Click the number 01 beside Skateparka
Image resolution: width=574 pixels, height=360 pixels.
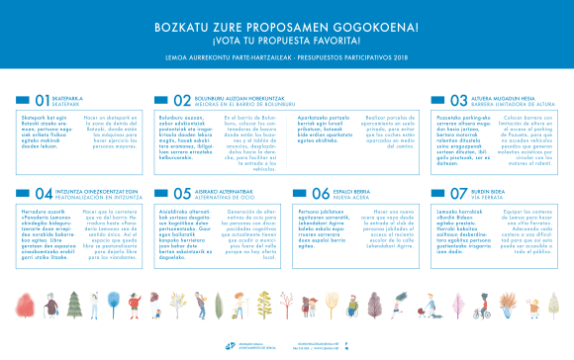tap(42, 100)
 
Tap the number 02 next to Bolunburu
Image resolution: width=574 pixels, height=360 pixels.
tap(181, 100)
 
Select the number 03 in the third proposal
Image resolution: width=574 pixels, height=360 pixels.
tap(458, 100)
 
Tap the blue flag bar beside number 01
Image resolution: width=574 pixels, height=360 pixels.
tap(23, 100)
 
